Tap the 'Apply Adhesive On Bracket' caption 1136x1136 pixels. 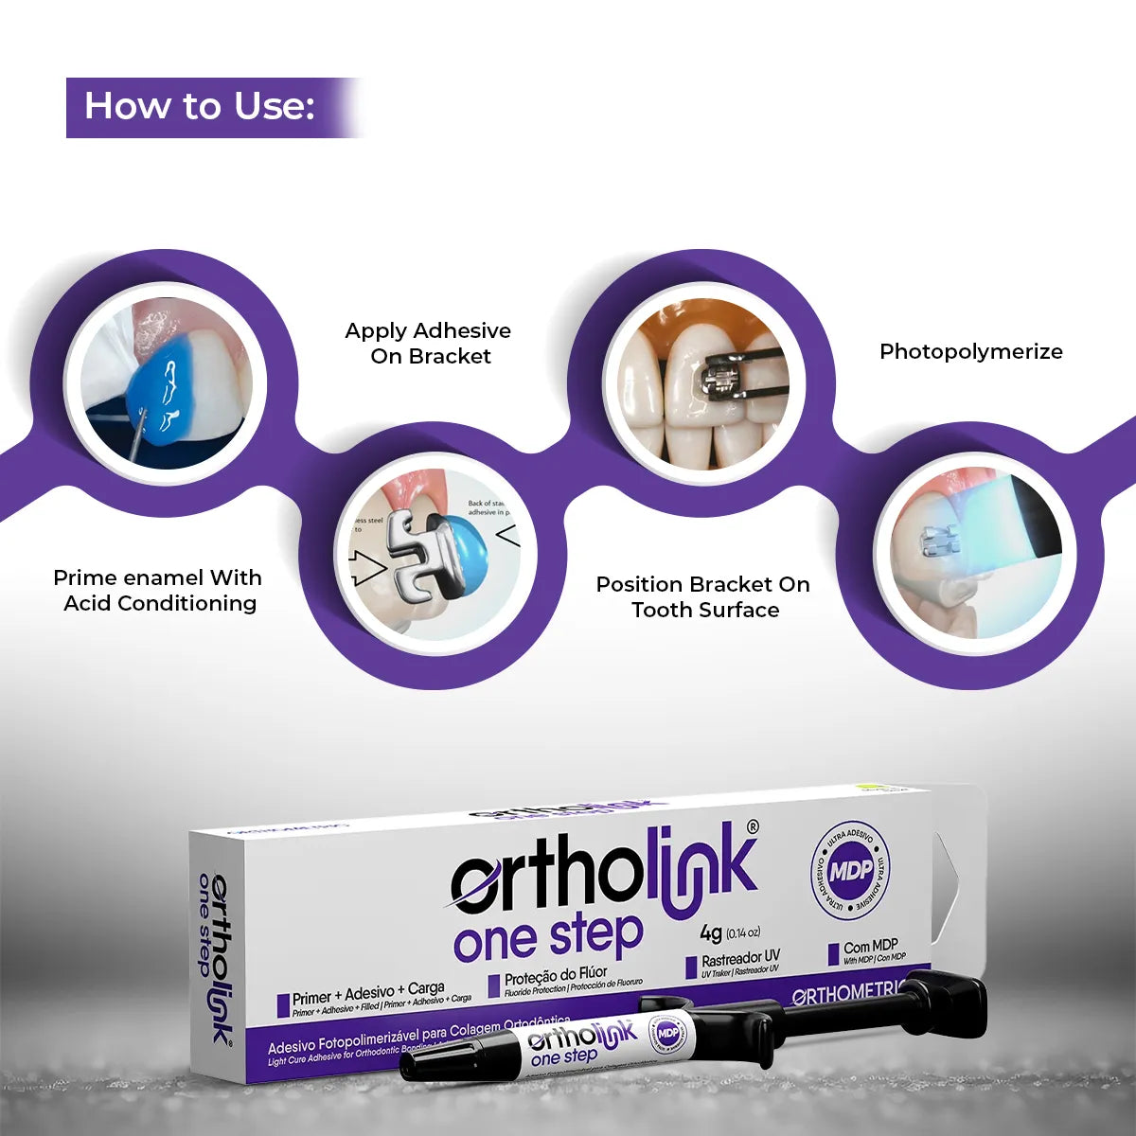[x=428, y=344]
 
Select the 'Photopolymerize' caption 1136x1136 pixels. [x=970, y=351]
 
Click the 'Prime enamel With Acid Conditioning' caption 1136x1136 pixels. [x=158, y=591]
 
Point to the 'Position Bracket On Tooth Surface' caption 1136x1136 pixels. [x=703, y=597]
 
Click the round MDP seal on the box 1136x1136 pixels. [x=850, y=869]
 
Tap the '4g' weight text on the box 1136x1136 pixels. [x=711, y=932]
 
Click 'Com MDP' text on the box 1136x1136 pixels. [x=870, y=946]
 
